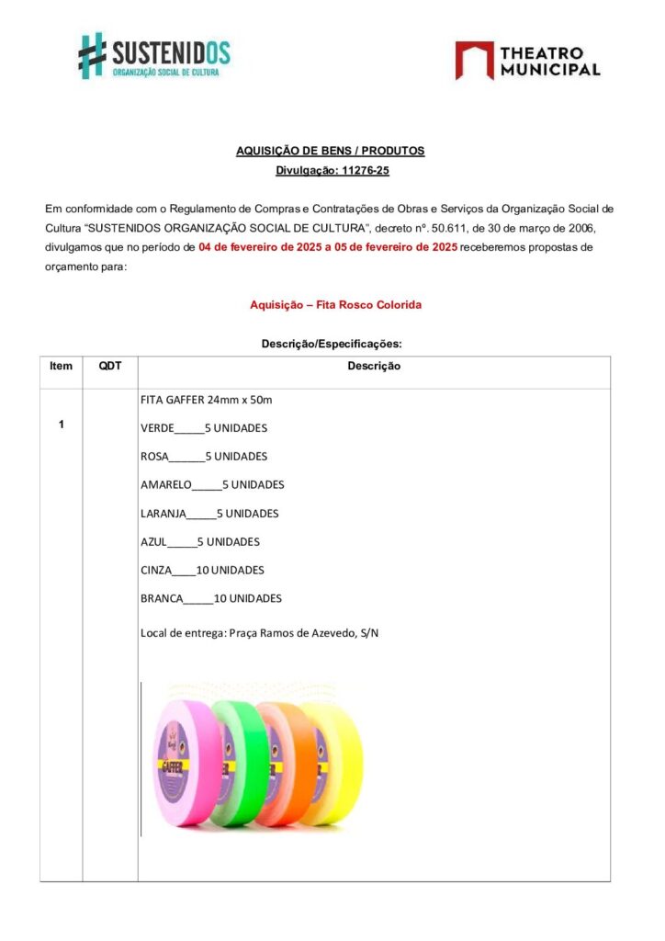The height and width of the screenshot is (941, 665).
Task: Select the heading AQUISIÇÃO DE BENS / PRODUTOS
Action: (331, 152)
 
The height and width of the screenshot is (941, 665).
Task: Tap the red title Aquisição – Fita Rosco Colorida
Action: (335, 305)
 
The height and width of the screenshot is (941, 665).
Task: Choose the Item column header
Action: (61, 367)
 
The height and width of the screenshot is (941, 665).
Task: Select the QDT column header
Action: (110, 367)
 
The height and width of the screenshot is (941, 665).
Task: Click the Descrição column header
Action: (373, 367)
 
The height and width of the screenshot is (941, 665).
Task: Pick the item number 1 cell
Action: (61, 425)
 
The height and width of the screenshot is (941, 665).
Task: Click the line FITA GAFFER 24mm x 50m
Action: (206, 400)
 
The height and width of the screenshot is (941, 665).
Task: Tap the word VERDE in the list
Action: (156, 428)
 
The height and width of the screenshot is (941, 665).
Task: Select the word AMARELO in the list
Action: (165, 485)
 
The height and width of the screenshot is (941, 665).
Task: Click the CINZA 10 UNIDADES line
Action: (202, 571)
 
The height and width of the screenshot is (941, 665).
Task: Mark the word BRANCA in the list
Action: (161, 599)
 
